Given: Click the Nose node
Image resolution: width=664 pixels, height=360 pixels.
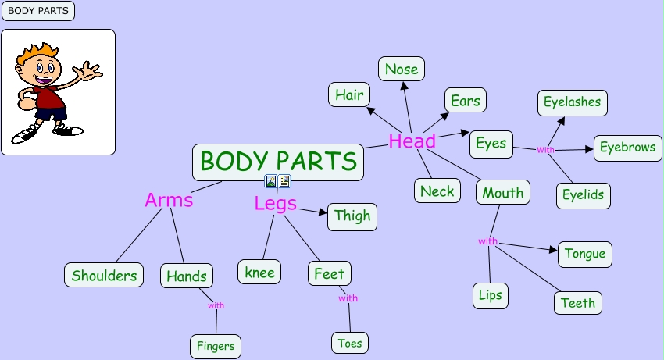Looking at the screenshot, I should tap(402, 69).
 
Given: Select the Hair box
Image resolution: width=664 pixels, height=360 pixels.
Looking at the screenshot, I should tap(349, 94).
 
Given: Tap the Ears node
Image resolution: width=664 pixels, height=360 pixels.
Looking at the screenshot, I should tap(466, 100).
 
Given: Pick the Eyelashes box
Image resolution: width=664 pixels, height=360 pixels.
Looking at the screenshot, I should tap(573, 102).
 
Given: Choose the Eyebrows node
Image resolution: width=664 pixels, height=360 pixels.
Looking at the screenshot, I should tap(627, 148).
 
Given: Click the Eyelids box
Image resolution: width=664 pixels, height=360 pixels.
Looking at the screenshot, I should tap(583, 194).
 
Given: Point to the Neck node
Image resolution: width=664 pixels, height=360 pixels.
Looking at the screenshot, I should tap(437, 191).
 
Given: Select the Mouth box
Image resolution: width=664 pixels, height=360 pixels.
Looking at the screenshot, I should tap(503, 192).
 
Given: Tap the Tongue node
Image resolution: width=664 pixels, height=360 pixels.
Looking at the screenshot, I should tap(585, 254).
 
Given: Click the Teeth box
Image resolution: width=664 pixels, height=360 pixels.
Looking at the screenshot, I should tap(578, 302).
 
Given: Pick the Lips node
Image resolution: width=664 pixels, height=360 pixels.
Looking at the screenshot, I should tap(491, 296).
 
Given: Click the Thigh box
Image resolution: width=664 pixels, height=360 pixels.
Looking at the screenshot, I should tap(352, 216).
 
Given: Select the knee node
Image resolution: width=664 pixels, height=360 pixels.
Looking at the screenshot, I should tap(259, 272).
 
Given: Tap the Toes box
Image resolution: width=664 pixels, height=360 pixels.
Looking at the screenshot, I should tap(349, 342).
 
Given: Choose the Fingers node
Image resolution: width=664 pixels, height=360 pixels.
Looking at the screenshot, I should tap(215, 346).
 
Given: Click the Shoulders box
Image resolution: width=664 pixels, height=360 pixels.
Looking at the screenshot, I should tap(104, 275).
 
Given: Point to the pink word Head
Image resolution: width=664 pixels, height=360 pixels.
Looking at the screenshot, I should tap(412, 141).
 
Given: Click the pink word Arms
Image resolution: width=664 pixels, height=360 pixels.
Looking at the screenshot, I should tap(169, 200).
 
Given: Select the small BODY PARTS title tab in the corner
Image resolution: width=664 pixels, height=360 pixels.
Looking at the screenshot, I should tap(37, 11).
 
